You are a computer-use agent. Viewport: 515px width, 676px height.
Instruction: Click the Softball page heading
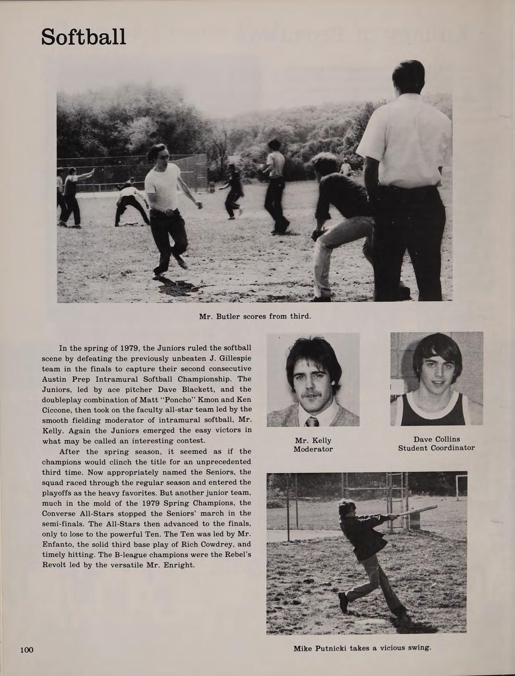click(x=84, y=37)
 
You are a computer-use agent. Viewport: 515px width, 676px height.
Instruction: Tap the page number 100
click(x=27, y=650)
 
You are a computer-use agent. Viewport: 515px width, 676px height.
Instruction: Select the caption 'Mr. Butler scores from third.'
click(x=255, y=316)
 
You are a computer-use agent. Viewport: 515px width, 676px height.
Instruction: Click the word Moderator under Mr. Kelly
click(x=313, y=449)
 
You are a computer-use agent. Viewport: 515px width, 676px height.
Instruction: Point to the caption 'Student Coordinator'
click(x=436, y=448)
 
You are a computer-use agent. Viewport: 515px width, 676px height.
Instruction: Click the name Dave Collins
click(x=437, y=439)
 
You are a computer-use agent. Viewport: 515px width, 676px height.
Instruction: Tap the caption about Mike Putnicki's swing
click(x=362, y=648)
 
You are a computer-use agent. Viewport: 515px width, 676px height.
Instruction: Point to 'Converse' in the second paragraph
click(x=60, y=513)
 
